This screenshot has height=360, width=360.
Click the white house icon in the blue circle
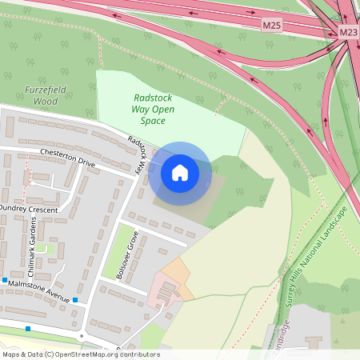click(180, 172)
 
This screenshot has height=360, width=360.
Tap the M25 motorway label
click(273, 26)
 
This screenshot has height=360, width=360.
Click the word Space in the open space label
click(152, 121)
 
